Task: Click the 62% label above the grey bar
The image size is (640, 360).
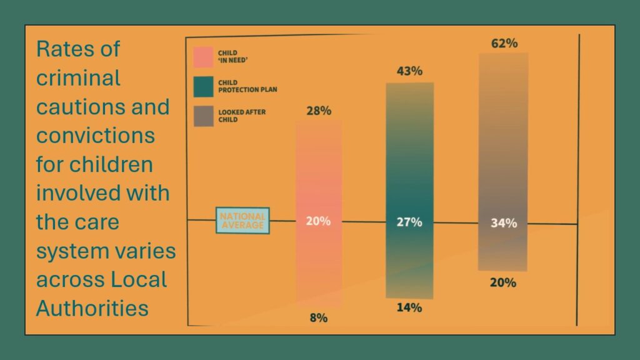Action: [x=504, y=43]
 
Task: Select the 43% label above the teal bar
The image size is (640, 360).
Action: [x=409, y=71]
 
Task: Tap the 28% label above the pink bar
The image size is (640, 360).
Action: [x=319, y=111]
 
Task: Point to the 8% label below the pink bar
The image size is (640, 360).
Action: [x=318, y=317]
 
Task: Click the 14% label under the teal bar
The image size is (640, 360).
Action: [x=409, y=307]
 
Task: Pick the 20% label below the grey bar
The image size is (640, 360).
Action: [x=503, y=282]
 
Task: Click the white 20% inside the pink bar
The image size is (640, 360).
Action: [x=318, y=221]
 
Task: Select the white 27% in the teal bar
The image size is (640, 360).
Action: [x=409, y=222]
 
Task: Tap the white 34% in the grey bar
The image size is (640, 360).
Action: [x=504, y=223]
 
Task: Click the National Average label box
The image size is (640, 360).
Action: [x=242, y=221]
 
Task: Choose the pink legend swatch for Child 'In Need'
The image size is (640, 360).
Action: [x=203, y=57]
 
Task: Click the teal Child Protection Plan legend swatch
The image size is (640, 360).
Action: [x=203, y=86]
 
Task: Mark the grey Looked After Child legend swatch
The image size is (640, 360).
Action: [x=203, y=116]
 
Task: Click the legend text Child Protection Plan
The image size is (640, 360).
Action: [x=247, y=86]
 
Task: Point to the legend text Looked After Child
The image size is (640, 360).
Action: [x=242, y=116]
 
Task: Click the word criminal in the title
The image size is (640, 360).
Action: [x=78, y=78]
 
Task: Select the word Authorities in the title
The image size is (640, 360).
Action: [x=92, y=308]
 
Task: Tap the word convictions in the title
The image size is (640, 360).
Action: [x=96, y=136]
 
